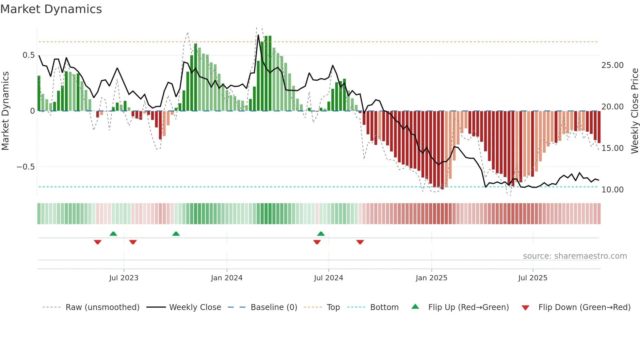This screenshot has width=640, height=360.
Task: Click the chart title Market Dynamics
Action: point(51,9)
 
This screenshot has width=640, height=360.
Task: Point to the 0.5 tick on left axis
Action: point(28,55)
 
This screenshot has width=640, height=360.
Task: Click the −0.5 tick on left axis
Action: point(25,167)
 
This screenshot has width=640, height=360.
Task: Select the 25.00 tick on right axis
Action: point(613,65)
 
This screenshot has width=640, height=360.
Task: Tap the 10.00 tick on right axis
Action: point(613,190)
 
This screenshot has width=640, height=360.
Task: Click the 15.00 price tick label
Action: point(613,148)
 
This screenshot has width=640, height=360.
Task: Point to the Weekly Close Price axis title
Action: point(634,111)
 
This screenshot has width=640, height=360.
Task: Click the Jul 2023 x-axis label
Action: point(124,278)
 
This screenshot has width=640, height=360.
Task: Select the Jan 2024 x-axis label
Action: point(227,278)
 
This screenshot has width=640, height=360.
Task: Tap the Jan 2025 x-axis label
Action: point(431,278)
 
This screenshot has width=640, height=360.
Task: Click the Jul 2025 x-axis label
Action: point(533,278)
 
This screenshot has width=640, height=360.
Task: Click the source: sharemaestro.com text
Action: point(575,256)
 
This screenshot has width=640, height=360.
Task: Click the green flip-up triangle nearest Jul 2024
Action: point(321,234)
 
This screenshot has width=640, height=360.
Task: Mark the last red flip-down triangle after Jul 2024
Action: point(360,242)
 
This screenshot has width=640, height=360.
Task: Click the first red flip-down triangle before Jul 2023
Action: point(98,242)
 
